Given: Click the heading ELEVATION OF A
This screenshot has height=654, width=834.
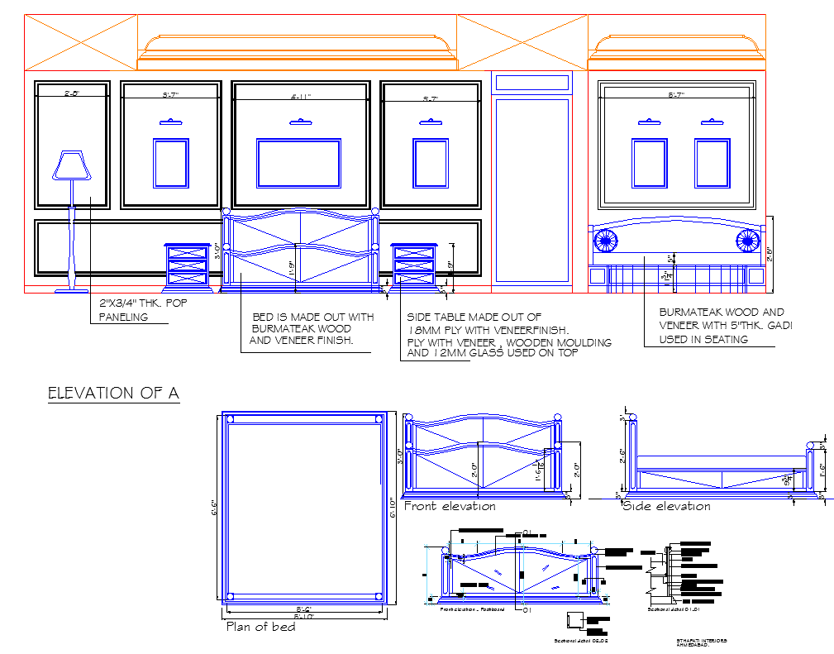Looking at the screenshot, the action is (x=113, y=393).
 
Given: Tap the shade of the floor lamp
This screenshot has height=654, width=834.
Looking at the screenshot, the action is (x=70, y=165).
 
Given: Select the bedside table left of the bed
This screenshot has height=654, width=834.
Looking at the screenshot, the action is (x=187, y=265).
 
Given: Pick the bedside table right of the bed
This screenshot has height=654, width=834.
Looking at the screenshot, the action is (x=413, y=265).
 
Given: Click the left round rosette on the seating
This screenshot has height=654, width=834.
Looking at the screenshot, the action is (x=605, y=241).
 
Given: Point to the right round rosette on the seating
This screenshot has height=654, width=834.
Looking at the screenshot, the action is (x=748, y=241).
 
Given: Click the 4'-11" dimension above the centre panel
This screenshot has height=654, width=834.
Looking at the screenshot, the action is (x=300, y=97).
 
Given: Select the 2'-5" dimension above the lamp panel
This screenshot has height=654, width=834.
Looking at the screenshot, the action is (x=72, y=93).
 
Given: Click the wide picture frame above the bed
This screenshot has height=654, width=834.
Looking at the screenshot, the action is (x=298, y=162).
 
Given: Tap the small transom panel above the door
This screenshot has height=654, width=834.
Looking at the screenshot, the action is (x=531, y=83).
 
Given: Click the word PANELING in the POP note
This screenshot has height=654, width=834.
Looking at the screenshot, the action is (x=123, y=317).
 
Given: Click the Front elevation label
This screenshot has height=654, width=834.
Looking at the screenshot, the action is (x=450, y=506).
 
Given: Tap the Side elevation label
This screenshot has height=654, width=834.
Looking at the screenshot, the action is (x=666, y=506).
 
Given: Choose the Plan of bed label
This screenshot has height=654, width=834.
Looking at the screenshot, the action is (x=260, y=627).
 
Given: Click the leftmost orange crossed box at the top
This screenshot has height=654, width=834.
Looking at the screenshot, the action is (x=80, y=42).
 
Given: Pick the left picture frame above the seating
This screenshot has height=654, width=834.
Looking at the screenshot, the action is (x=649, y=163).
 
